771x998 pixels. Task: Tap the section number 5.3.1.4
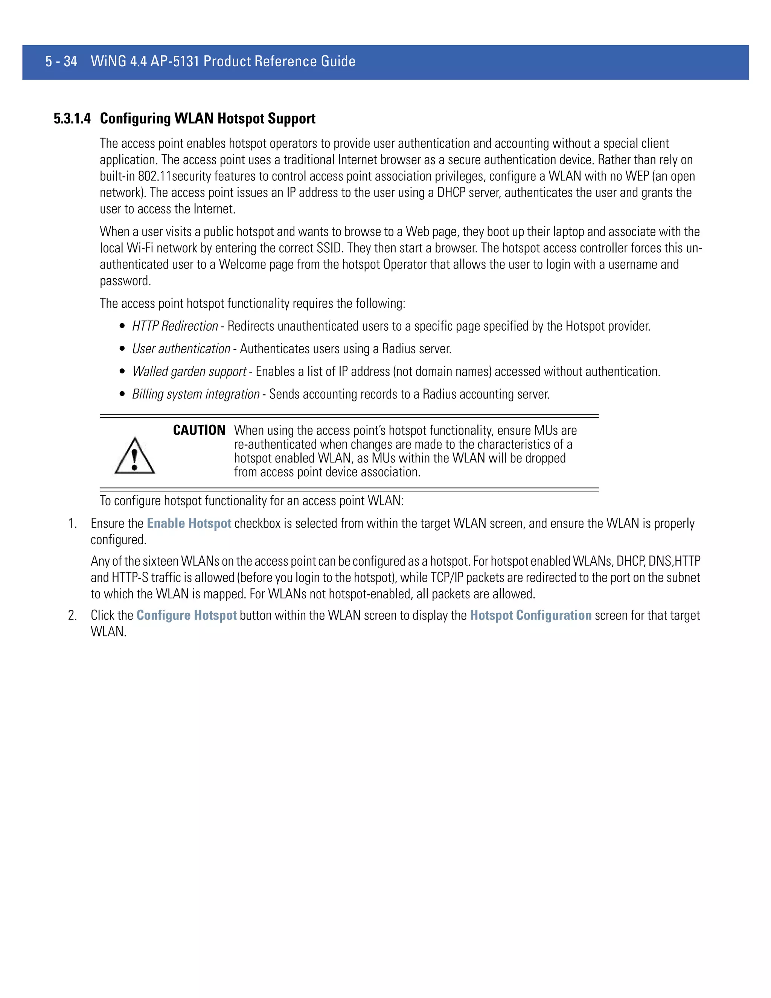click(x=72, y=119)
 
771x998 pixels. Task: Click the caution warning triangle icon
click(x=134, y=456)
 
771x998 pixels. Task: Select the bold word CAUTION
click(x=199, y=430)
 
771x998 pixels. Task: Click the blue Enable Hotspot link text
click(x=189, y=524)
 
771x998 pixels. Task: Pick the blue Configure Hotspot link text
click(x=186, y=615)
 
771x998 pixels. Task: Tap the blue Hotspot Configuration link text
click(x=530, y=615)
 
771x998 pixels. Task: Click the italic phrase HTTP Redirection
click(x=175, y=326)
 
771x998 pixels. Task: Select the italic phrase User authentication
click(x=181, y=349)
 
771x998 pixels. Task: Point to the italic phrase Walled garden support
click(x=189, y=371)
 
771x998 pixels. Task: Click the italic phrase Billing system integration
click(x=195, y=394)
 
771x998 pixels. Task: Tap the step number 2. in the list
click(x=73, y=615)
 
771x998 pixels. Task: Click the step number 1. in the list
click(x=73, y=524)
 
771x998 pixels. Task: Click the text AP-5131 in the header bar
click(x=175, y=61)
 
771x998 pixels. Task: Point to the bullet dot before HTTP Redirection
click(x=122, y=327)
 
